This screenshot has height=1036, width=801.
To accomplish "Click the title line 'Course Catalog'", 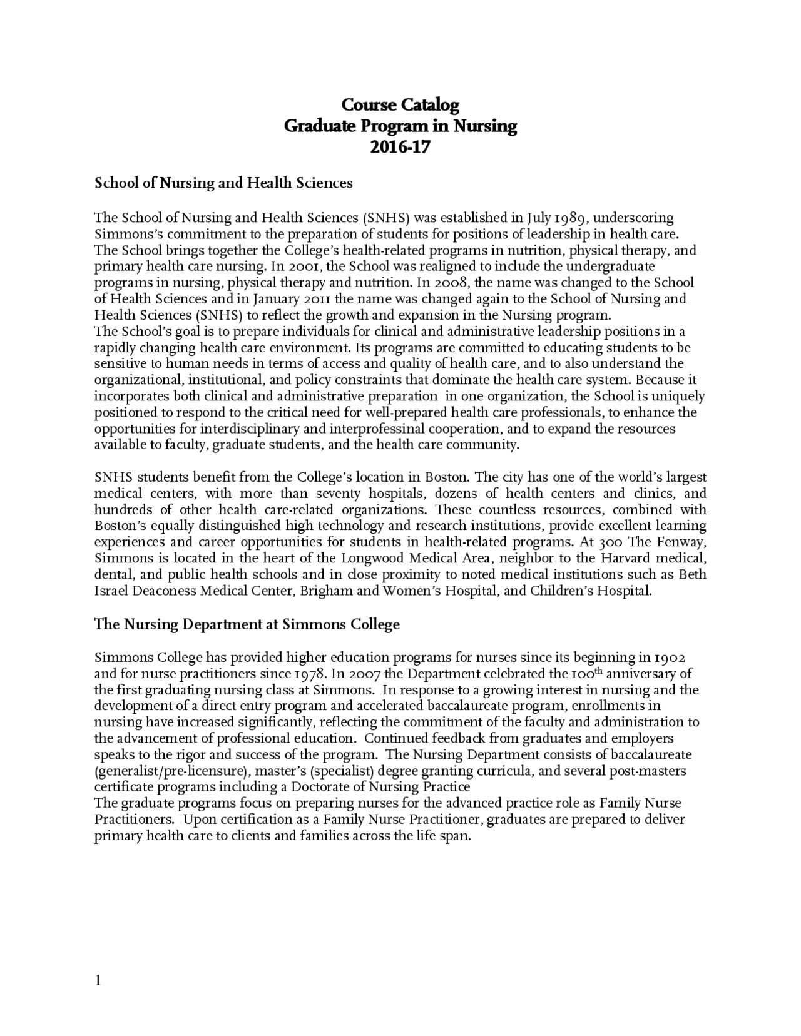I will pos(400,104).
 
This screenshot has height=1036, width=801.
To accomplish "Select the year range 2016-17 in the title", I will pos(400,148).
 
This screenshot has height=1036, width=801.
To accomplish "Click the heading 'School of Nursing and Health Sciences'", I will pos(223,183).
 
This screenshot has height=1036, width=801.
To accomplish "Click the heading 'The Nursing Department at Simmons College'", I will pos(247,624).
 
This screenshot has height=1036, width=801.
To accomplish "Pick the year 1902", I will pos(670,658).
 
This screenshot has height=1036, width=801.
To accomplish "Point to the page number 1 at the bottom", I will pos(98,980).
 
